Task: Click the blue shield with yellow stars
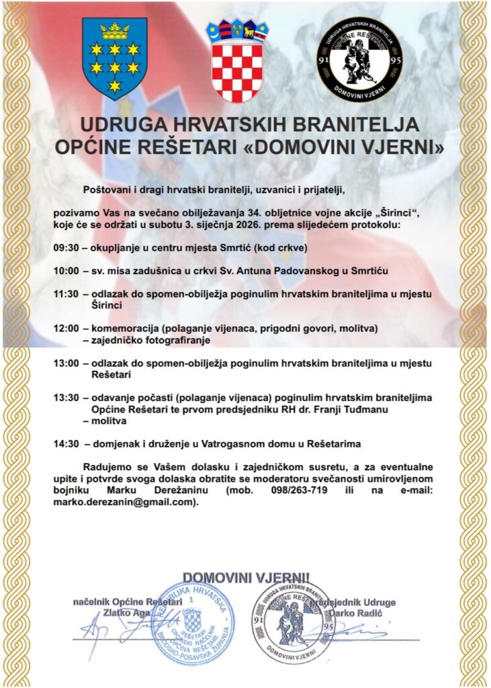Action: pos(114,58)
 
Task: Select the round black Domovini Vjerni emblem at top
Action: pos(359,60)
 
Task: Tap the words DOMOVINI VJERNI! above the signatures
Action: pos(247,577)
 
